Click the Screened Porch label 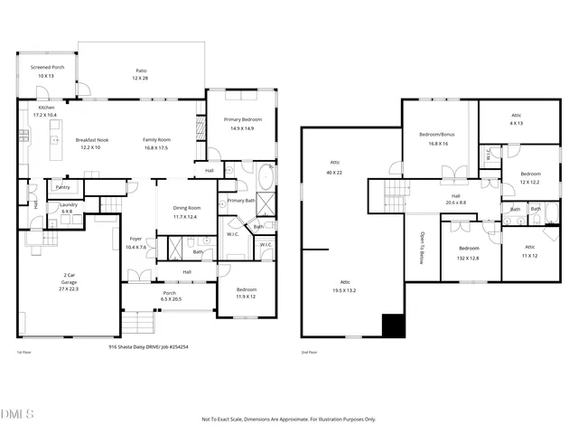[x=46, y=68]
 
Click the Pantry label [x=62, y=187]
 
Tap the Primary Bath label [x=241, y=200]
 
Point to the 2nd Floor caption [x=312, y=354]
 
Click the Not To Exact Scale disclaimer [x=288, y=419]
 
